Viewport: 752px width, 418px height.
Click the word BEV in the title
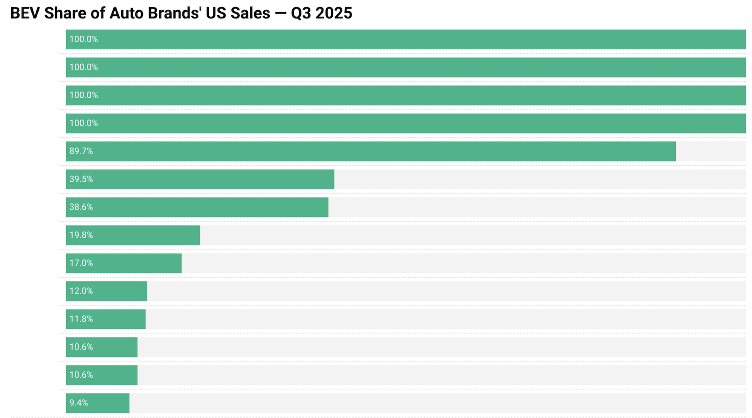[x=25, y=13]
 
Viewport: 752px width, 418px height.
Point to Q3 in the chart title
[x=301, y=13]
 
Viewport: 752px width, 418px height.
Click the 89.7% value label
[x=81, y=151]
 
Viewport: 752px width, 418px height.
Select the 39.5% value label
[x=81, y=179]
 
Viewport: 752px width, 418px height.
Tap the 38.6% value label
[x=81, y=207]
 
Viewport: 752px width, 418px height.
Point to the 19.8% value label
[x=81, y=235]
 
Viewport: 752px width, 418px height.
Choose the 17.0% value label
[x=81, y=263]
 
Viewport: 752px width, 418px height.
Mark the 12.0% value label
[x=81, y=291]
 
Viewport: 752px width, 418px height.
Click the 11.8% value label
[x=81, y=319]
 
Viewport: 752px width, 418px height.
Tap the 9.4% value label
[x=79, y=403]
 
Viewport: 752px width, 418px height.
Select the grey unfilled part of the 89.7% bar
[x=711, y=151]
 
